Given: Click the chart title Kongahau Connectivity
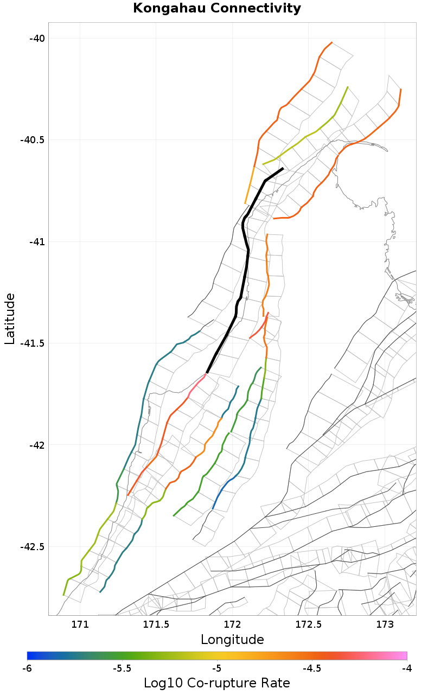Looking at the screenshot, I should pos(217,8).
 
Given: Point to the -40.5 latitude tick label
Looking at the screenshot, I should pos(33,140).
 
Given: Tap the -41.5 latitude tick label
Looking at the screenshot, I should pos(33,343).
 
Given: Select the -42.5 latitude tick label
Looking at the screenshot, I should pos(33,547).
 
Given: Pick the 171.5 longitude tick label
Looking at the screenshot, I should pos(156,624).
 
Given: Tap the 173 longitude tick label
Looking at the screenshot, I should pos(385,624).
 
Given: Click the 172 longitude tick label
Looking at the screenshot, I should pos(232,624).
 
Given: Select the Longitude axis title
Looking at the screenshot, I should pos(232,640).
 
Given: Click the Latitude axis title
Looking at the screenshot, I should pos(10,318).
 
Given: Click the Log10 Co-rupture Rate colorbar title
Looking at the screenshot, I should pos(217,683).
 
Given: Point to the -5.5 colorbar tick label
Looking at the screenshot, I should pos(122,668).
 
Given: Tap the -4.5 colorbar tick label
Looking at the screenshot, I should pos(312,668).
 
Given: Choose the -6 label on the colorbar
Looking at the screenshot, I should pos(27,668).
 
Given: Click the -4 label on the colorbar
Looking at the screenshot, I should pos(407,668).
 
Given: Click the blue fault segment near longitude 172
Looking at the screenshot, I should pos(220,494).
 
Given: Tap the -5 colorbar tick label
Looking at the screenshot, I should pos(217,668).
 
